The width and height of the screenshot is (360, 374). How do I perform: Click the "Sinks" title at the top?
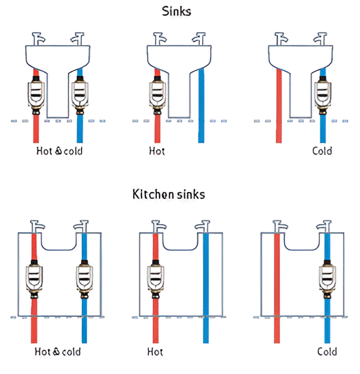pyautogui.click(x=176, y=11)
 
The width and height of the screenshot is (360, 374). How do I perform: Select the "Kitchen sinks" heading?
pyautogui.click(x=169, y=194)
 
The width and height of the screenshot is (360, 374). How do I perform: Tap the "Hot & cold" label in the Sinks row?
pyautogui.click(x=59, y=151)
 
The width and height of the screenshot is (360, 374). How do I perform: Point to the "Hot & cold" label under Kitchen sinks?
pyautogui.click(x=58, y=352)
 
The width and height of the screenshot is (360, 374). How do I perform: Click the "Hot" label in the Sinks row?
pyautogui.click(x=157, y=151)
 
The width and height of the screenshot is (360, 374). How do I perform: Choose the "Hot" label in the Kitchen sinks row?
pyautogui.click(x=155, y=352)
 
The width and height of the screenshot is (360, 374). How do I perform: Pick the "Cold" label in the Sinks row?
pyautogui.click(x=322, y=151)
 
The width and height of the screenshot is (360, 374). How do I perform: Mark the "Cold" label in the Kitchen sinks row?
pyautogui.click(x=327, y=352)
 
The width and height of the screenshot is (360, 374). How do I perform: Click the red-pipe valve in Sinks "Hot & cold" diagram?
pyautogui.click(x=36, y=95)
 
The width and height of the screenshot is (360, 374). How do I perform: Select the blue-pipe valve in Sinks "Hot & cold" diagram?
pyautogui.click(x=80, y=95)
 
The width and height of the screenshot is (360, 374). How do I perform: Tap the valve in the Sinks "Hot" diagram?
pyautogui.click(x=157, y=95)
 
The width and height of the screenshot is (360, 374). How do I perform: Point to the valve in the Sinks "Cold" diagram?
pyautogui.click(x=323, y=95)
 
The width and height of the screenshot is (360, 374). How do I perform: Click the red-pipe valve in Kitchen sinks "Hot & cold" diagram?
pyautogui.click(x=34, y=279)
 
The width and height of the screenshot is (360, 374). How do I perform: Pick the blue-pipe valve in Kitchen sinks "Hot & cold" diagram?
pyautogui.click(x=85, y=279)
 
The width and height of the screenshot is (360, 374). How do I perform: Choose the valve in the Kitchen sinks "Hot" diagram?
pyautogui.click(x=156, y=279)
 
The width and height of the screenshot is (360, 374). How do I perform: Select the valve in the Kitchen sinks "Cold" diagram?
pyautogui.click(x=328, y=279)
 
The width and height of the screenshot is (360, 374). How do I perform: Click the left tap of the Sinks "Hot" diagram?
pyautogui.click(x=158, y=39)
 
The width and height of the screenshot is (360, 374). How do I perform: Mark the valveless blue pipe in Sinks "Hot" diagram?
pyautogui.click(x=202, y=105)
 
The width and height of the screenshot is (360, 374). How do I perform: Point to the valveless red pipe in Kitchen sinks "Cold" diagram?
pyautogui.click(x=277, y=288)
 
